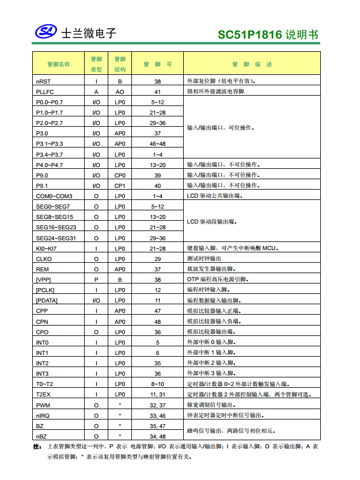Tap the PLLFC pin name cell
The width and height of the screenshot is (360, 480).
point(45,92)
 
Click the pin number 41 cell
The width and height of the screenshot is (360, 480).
point(157,92)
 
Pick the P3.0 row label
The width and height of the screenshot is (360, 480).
point(42,133)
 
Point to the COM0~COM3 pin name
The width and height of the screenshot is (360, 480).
point(54,196)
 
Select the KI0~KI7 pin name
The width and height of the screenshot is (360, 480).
point(47,248)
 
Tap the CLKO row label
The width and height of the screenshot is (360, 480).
point(44,259)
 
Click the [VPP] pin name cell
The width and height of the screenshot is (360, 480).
point(44,279)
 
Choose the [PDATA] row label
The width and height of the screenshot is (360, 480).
point(47,300)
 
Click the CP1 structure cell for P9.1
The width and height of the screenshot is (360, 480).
point(120,186)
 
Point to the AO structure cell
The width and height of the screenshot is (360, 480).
point(120,92)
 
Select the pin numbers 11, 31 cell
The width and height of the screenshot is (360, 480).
point(157,394)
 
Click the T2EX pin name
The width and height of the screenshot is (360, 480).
point(44,394)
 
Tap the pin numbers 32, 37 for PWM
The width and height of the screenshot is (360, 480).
point(157,405)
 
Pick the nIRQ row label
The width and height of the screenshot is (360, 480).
point(43,415)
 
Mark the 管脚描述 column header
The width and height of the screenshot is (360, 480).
point(252,64)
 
